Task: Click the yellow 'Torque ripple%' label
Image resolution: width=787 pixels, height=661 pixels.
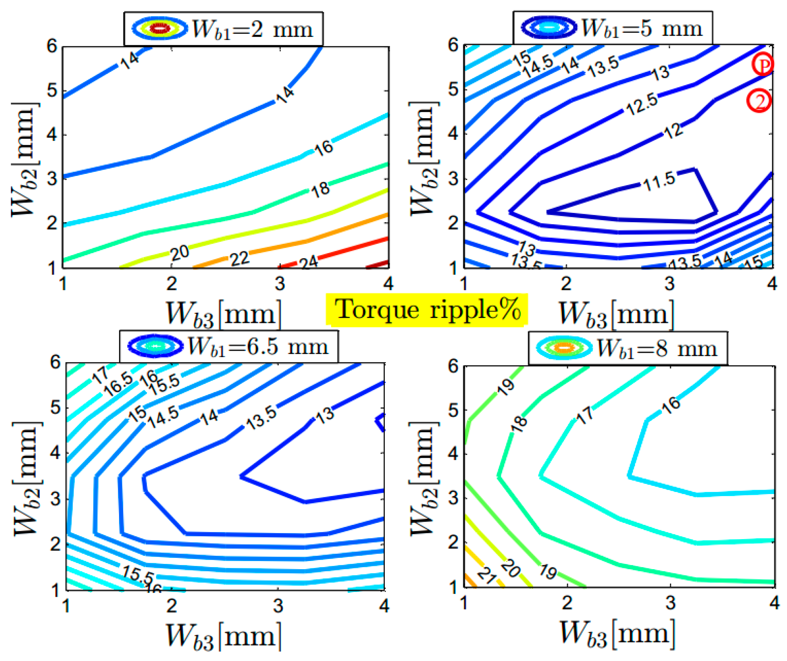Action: [x=427, y=310]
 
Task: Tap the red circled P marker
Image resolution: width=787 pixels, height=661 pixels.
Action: [x=763, y=64]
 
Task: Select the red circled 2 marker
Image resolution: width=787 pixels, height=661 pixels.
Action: [x=759, y=100]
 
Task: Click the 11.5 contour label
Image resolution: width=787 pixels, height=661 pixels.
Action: [x=659, y=181]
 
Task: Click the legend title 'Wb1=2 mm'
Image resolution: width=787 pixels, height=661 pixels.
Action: [x=252, y=29]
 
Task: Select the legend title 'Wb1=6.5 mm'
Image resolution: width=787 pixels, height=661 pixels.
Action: [x=258, y=347]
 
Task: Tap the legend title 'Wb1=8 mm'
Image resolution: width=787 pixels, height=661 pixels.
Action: [x=656, y=349]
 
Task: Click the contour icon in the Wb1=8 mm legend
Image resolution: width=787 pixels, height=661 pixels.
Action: [x=564, y=348]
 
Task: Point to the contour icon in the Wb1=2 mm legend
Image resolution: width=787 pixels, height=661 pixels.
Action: [x=160, y=28]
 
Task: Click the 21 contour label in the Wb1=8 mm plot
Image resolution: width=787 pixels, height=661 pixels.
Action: [x=487, y=575]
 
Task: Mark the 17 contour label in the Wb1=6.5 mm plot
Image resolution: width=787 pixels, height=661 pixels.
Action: [x=100, y=375]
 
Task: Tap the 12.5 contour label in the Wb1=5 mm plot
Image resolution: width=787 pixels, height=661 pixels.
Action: [x=642, y=104]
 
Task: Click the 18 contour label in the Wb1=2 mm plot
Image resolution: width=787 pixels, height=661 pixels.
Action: [x=320, y=189]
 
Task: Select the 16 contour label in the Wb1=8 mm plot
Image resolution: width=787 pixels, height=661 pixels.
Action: [x=671, y=405]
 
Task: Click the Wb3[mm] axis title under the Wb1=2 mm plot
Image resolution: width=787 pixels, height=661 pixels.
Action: [x=223, y=314]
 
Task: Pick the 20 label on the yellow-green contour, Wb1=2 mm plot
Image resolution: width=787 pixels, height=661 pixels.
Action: [x=179, y=253]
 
